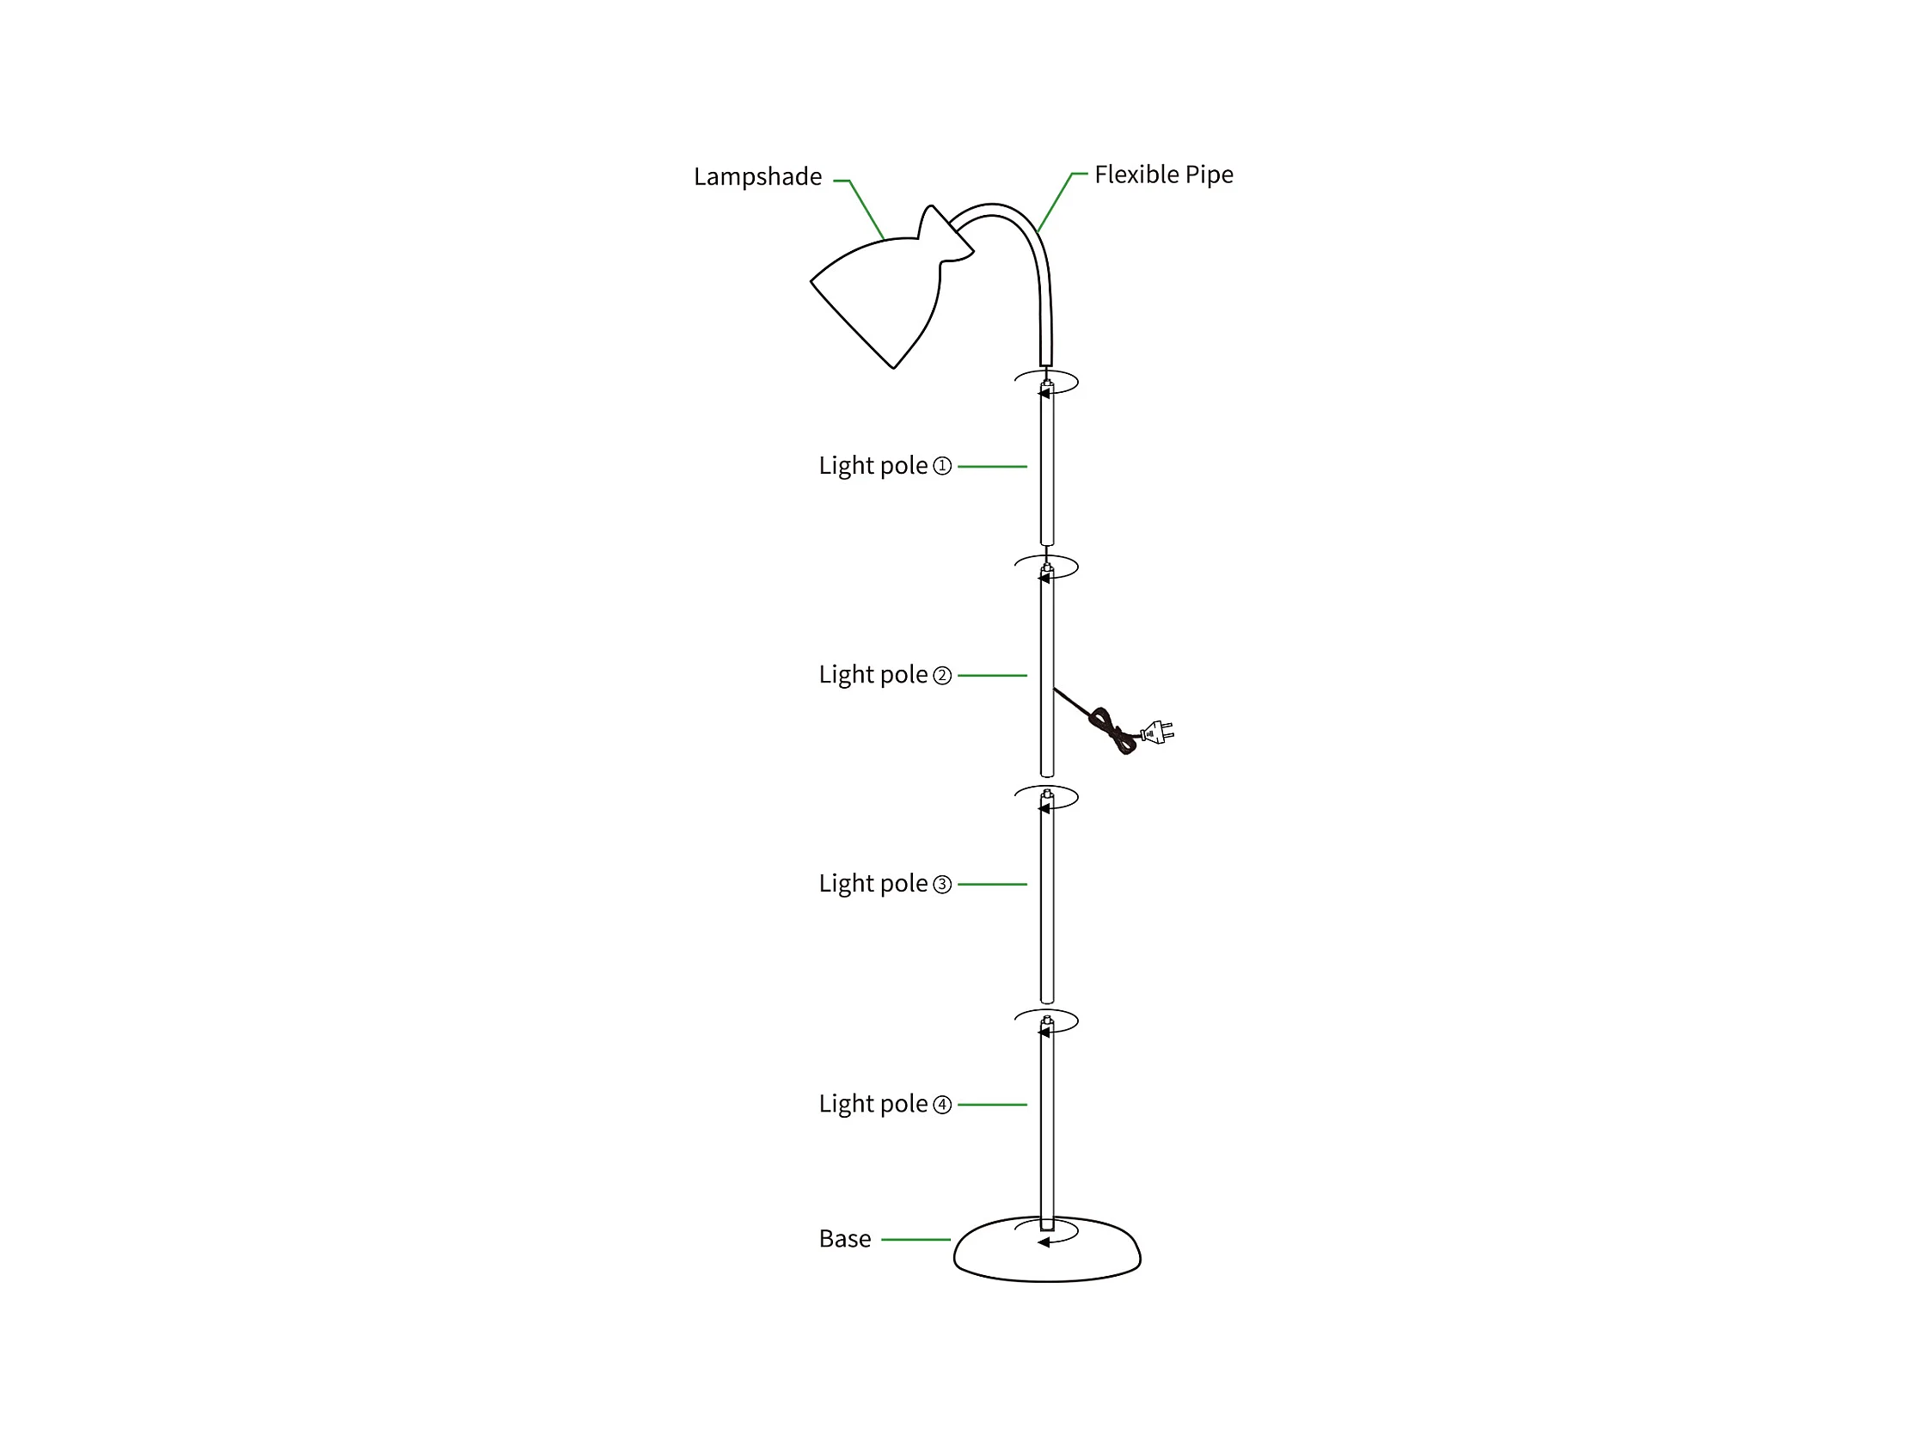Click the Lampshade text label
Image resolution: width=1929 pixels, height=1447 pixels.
pos(757,177)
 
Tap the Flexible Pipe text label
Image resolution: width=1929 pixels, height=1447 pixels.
pos(1163,175)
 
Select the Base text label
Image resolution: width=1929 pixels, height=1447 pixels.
pos(844,1239)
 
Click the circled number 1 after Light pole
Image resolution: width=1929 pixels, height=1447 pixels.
pos(942,466)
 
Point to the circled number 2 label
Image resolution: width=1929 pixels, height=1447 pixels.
pos(942,675)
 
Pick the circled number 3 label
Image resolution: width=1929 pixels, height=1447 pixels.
pos(942,885)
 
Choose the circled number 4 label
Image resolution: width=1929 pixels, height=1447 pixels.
pos(942,1104)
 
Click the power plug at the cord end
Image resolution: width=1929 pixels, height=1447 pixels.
pos(1158,732)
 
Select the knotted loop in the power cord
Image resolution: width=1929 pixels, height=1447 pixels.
pos(1111,731)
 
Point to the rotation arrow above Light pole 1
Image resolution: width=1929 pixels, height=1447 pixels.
pos(1046,383)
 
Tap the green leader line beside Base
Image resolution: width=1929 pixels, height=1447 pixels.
pos(915,1239)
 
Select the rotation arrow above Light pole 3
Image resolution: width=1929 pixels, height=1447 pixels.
pos(1046,799)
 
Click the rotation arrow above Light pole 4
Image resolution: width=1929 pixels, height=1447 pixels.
pos(1046,1022)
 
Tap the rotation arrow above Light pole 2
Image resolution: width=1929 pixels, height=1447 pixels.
pos(1046,568)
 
